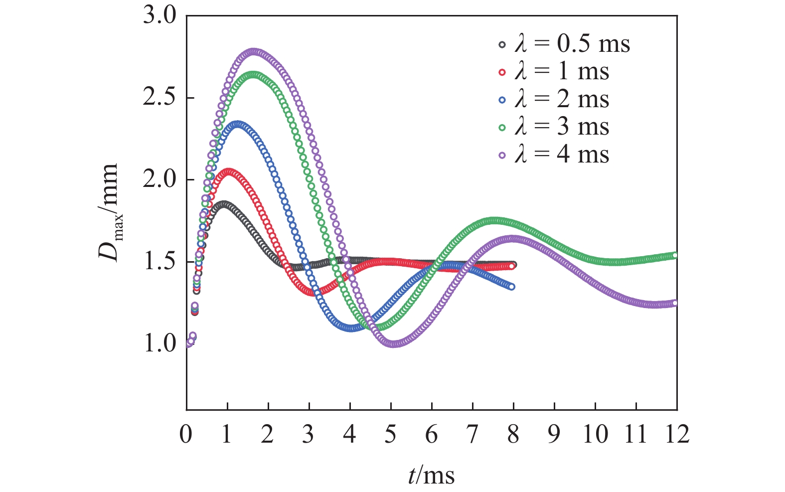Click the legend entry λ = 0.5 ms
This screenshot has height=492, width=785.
coord(563,44)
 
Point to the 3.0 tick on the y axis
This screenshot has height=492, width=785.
coord(159,16)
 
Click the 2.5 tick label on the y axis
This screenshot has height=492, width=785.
coord(159,98)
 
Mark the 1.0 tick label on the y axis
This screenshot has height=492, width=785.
coord(159,343)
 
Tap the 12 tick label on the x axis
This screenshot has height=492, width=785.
coord(676,434)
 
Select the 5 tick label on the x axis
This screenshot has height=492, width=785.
coord(391,434)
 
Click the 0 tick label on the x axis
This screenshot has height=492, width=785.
coord(186,434)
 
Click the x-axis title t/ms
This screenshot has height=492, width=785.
coord(431,475)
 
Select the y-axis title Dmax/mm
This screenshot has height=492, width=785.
coord(109,212)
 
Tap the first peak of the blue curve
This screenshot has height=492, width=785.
coord(238,124)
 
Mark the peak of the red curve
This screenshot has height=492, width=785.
coord(228,171)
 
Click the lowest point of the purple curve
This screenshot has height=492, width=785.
coord(393,344)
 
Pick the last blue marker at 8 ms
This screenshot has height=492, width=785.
coord(512,286)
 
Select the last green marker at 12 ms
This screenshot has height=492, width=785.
coord(676,255)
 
